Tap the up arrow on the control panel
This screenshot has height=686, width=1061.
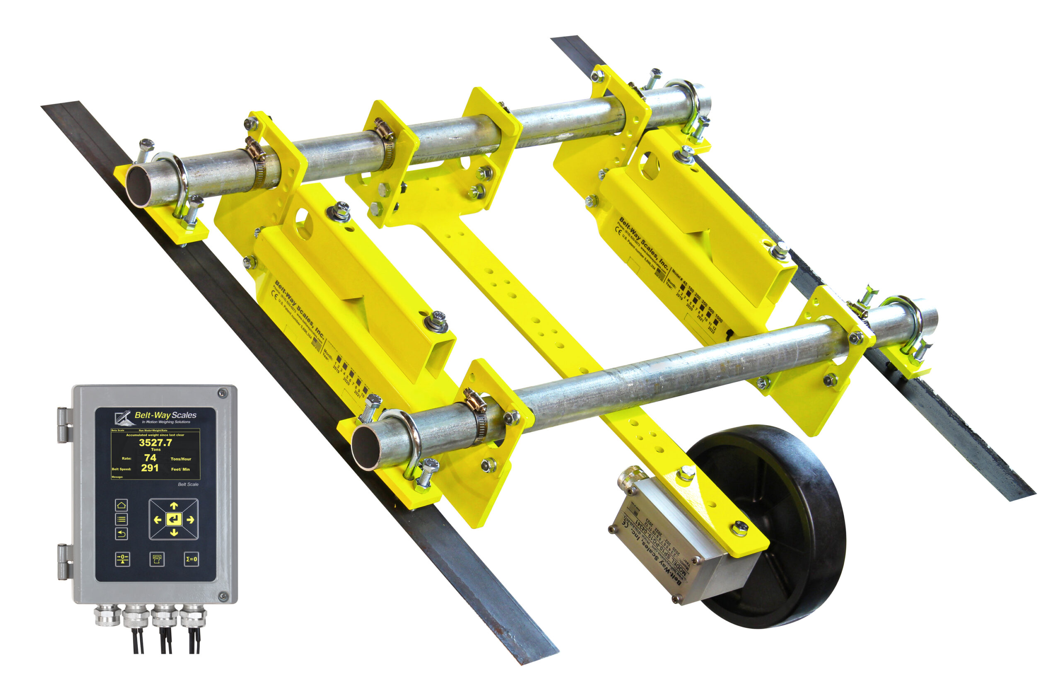point(174,506)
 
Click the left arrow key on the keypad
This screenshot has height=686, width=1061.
point(157,520)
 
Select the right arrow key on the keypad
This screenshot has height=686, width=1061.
point(190,520)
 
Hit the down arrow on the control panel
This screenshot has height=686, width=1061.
point(174,533)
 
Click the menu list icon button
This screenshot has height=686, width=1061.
point(121,519)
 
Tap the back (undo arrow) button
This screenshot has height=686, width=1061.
point(121,533)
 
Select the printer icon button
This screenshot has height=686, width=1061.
point(156,559)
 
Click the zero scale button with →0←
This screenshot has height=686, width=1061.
point(123,559)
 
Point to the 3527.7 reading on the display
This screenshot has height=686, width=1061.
point(155,442)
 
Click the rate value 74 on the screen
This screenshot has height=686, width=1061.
point(150,458)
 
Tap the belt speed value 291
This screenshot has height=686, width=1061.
point(150,468)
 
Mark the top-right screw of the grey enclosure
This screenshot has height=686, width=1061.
point(223,393)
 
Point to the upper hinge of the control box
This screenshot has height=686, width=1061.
point(65,425)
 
